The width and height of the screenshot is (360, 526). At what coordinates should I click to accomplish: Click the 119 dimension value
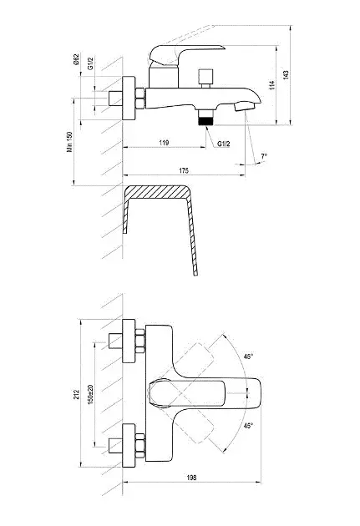click(x=164, y=143)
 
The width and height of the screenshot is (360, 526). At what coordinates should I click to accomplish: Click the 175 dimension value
click(x=184, y=171)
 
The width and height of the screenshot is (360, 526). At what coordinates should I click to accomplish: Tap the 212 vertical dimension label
click(x=77, y=394)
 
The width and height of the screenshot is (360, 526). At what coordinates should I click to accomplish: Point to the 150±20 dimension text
click(x=90, y=394)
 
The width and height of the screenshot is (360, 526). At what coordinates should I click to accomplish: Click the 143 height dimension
click(x=286, y=75)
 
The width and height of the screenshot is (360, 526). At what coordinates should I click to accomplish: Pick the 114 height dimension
click(x=271, y=85)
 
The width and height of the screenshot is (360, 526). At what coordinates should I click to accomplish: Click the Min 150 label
click(x=69, y=142)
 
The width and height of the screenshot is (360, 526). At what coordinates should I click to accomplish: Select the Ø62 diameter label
click(x=76, y=59)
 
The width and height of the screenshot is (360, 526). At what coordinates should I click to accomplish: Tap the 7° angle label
click(x=265, y=156)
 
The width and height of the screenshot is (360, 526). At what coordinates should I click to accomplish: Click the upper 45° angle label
click(x=249, y=357)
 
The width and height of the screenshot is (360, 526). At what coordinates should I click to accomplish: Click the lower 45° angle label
click(x=249, y=426)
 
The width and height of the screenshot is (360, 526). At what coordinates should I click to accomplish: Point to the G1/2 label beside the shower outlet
click(x=224, y=144)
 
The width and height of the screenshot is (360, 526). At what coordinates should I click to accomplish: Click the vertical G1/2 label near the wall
click(x=90, y=63)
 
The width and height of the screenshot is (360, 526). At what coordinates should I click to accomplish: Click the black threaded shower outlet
click(x=205, y=121)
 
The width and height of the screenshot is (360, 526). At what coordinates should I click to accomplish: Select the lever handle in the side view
click(x=186, y=55)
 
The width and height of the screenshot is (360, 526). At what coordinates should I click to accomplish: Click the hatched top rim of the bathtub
click(x=157, y=192)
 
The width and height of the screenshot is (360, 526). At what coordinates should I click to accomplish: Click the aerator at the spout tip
click(x=245, y=107)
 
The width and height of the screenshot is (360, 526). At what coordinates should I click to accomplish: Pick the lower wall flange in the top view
click(x=129, y=445)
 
